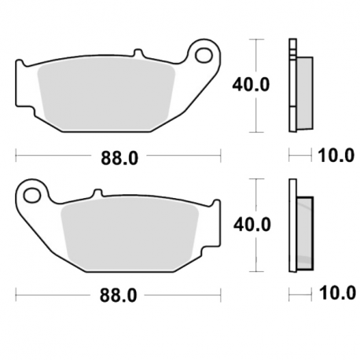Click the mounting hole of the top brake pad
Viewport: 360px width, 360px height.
pos(204,56)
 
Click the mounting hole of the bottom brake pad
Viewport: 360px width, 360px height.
pos(32,195)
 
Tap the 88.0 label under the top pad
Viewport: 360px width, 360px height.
pos(119,158)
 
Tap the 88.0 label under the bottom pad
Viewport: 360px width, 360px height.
pos(118,296)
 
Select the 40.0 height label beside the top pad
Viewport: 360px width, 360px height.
pos(251,84)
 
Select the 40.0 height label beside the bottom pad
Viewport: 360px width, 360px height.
pos(252,225)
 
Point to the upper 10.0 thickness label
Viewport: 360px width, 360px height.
pos(336,156)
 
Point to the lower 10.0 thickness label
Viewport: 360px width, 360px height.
pos(337,292)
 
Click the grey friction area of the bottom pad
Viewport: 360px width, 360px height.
pos(130,234)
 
